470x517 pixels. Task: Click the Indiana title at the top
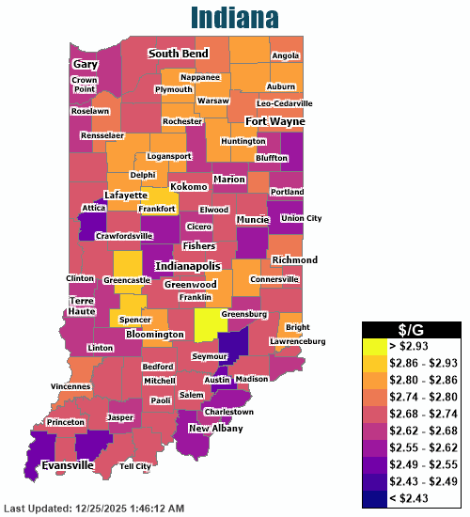(x=234, y=17)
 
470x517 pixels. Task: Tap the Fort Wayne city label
(x=275, y=121)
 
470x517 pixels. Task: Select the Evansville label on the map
(x=67, y=465)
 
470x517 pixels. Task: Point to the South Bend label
(x=178, y=55)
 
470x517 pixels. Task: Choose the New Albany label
(x=215, y=429)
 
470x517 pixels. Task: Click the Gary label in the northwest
(x=86, y=64)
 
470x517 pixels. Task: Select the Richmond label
(x=294, y=260)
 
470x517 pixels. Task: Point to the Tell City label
(x=135, y=466)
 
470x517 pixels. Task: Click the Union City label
(x=301, y=218)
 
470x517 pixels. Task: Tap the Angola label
(x=285, y=55)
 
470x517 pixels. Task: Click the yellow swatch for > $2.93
(x=376, y=346)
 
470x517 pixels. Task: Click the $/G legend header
(x=411, y=328)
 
